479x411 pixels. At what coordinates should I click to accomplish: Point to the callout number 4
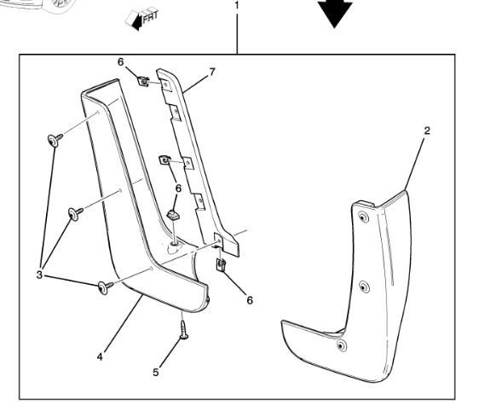100,354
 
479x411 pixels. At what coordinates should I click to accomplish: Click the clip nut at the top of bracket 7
144,82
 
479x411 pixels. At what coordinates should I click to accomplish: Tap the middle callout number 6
178,188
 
